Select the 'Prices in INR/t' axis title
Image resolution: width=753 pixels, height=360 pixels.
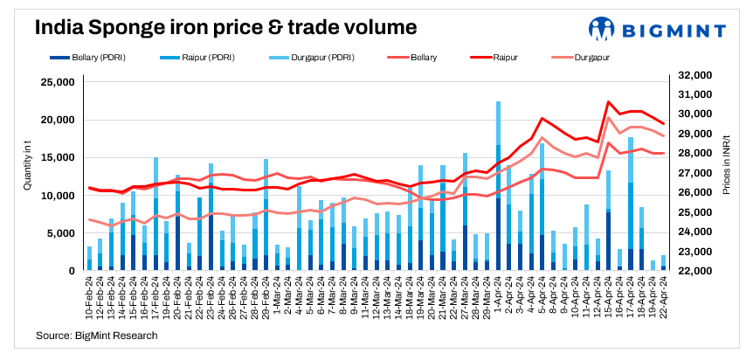tap(727, 176)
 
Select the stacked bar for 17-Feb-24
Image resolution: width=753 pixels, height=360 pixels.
tap(155, 214)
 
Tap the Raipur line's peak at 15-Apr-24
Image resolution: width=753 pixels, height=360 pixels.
tap(608, 102)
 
